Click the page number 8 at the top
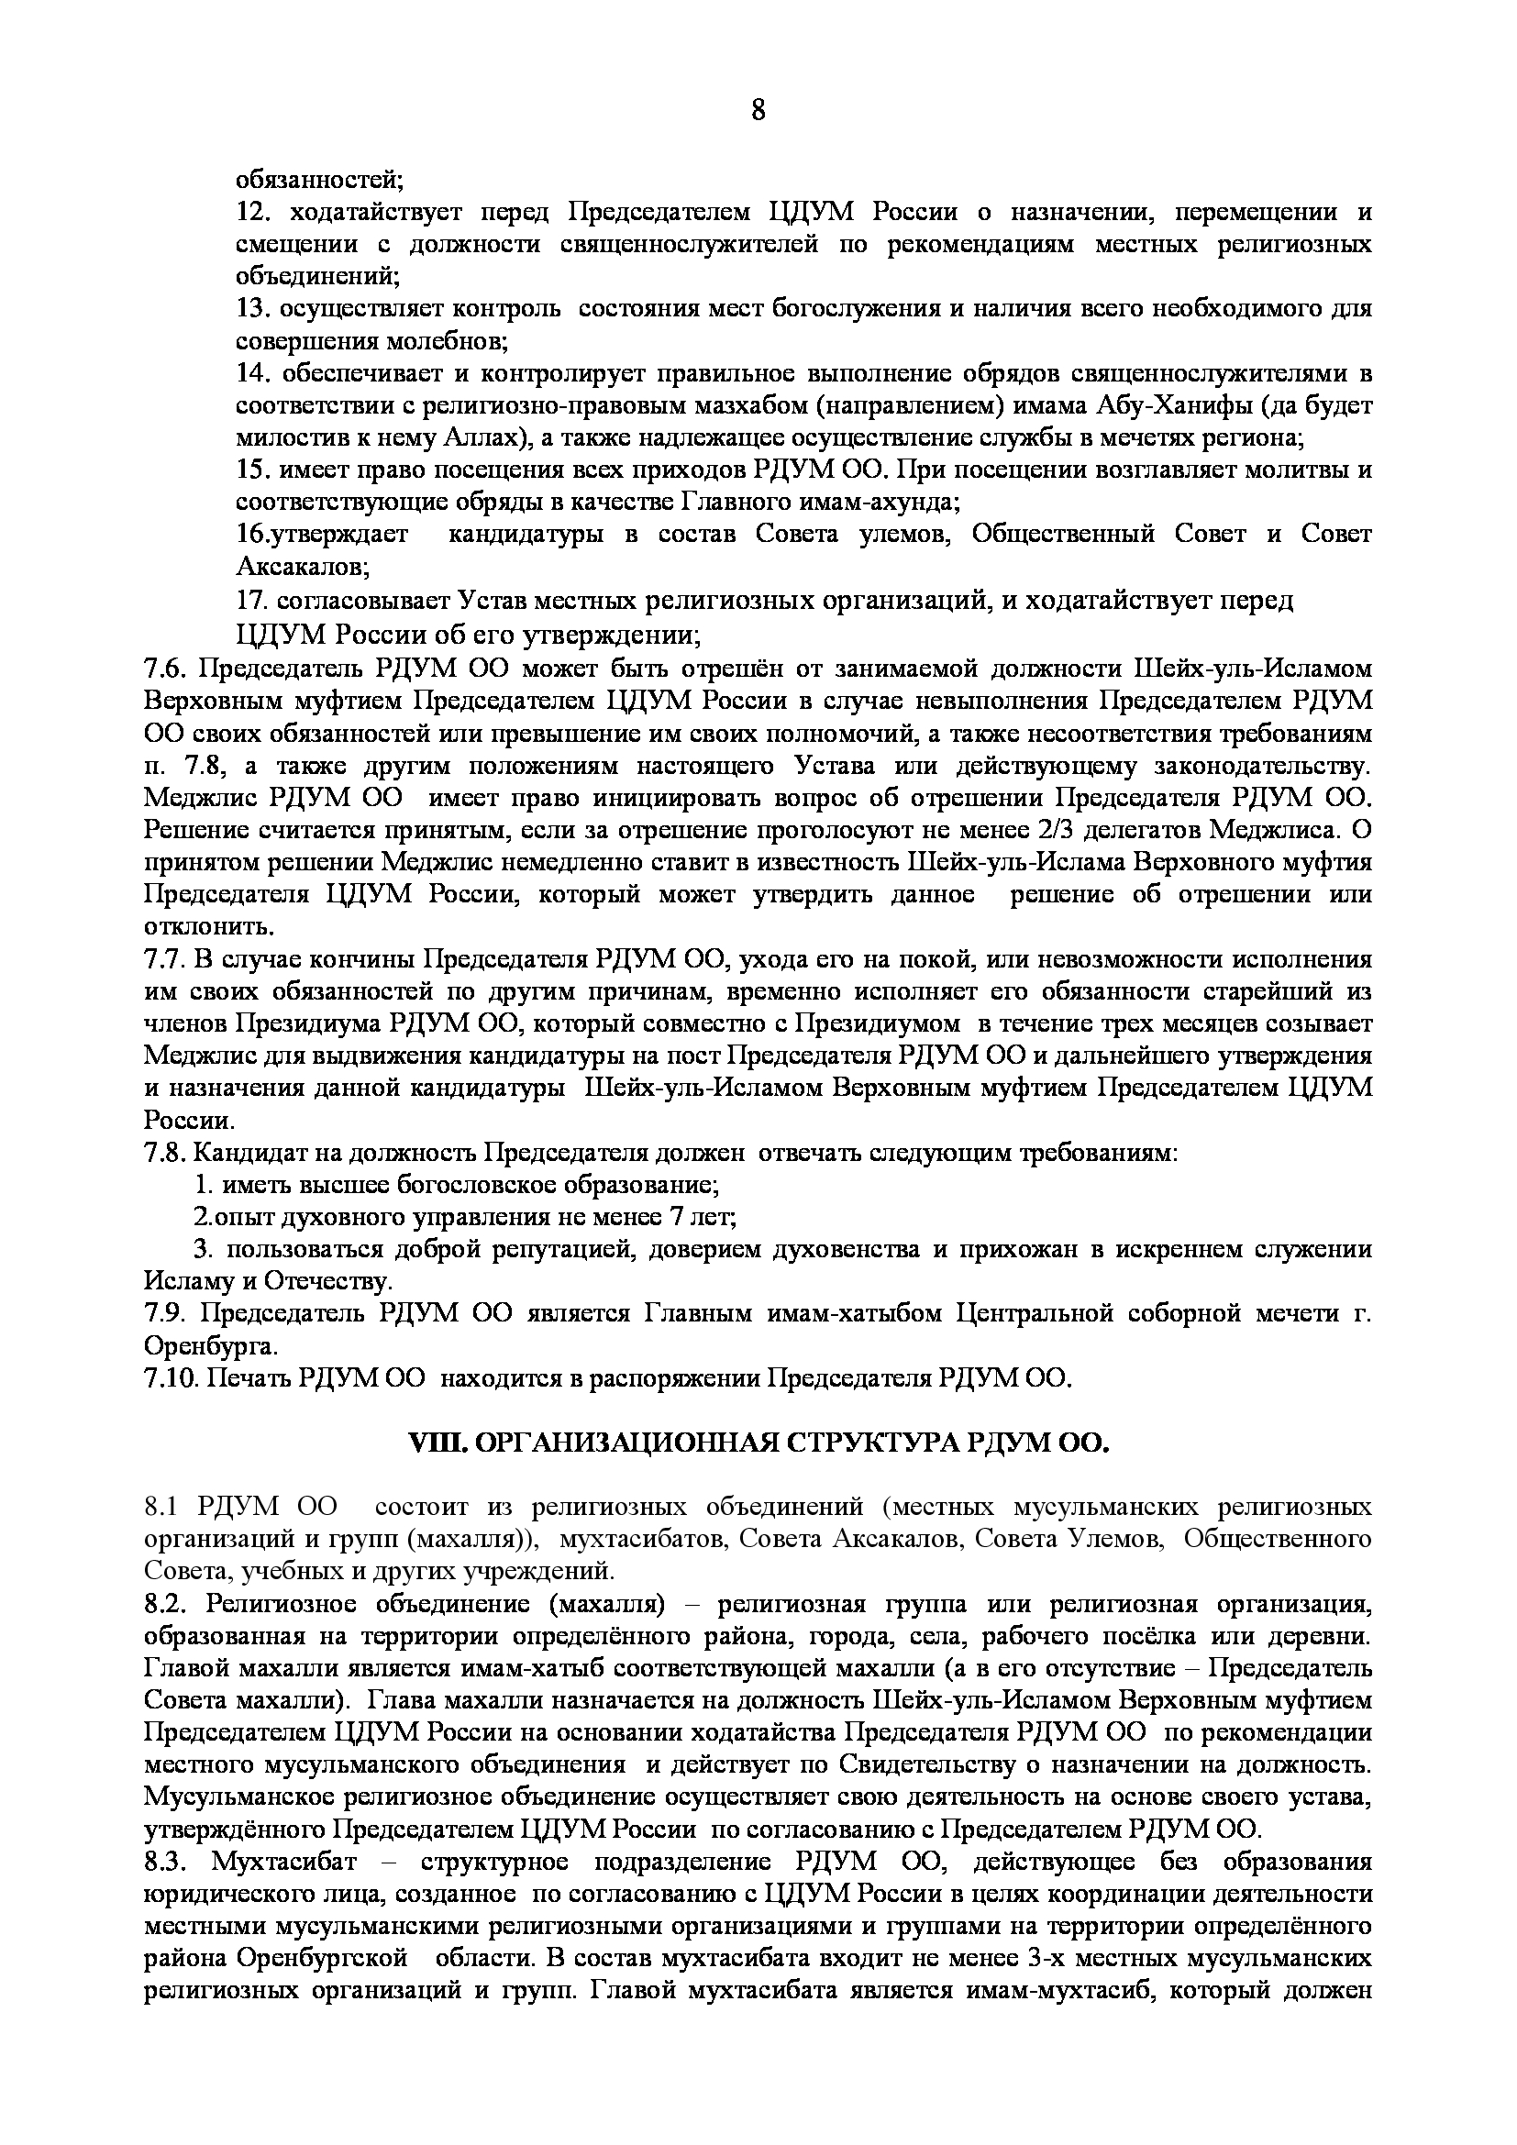coord(758,111)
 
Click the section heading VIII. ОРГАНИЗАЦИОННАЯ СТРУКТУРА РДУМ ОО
coord(758,1443)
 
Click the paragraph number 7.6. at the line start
coord(167,669)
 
